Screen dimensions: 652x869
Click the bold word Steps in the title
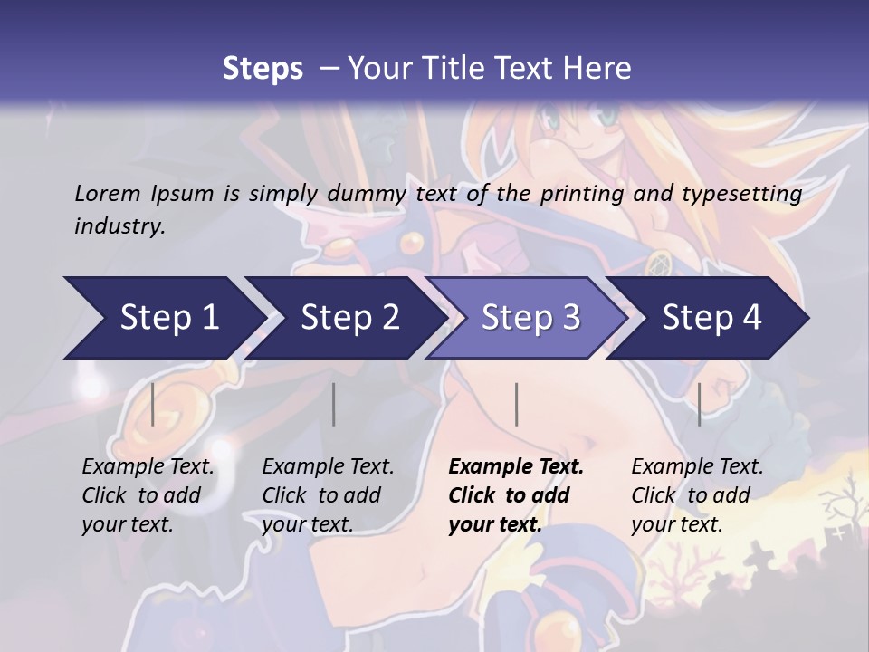pyautogui.click(x=263, y=68)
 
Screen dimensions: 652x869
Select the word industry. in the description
pyautogui.click(x=119, y=225)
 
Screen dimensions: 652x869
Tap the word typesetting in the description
pyautogui.click(x=747, y=193)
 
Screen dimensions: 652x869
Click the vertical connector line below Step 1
pyautogui.click(x=153, y=404)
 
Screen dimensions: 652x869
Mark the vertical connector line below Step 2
pyautogui.click(x=334, y=404)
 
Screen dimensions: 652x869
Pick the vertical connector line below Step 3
pyautogui.click(x=516, y=404)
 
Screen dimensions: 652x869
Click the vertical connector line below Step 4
pyautogui.click(x=699, y=404)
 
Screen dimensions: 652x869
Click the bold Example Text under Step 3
pyautogui.click(x=516, y=467)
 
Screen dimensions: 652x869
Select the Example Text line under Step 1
pyautogui.click(x=148, y=467)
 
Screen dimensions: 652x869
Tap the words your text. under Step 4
pyautogui.click(x=676, y=524)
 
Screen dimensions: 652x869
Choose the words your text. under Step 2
pyautogui.click(x=307, y=524)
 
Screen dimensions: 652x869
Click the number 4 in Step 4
pyautogui.click(x=751, y=318)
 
